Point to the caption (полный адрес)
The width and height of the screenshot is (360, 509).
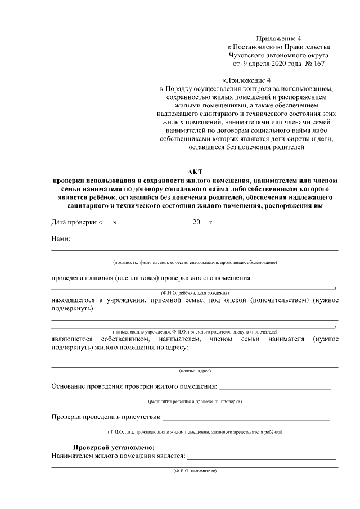click(x=195, y=371)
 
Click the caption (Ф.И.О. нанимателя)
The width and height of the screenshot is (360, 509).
click(x=195, y=470)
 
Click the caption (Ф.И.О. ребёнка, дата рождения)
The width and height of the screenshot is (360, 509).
click(x=195, y=293)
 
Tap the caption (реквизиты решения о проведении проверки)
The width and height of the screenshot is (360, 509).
click(x=195, y=402)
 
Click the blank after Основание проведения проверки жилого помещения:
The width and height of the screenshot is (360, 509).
click(x=275, y=388)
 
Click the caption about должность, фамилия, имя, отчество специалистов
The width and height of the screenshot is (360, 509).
click(x=195, y=263)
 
